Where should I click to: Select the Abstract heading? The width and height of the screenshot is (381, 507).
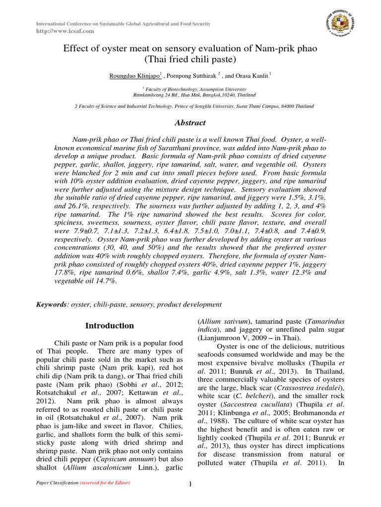click(190, 123)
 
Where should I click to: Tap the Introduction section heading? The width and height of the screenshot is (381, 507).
click(110, 326)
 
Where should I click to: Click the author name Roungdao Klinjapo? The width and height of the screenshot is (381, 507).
click(131, 76)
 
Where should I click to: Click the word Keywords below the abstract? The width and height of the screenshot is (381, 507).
click(51, 304)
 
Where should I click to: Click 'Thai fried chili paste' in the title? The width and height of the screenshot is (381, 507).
click(190, 60)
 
